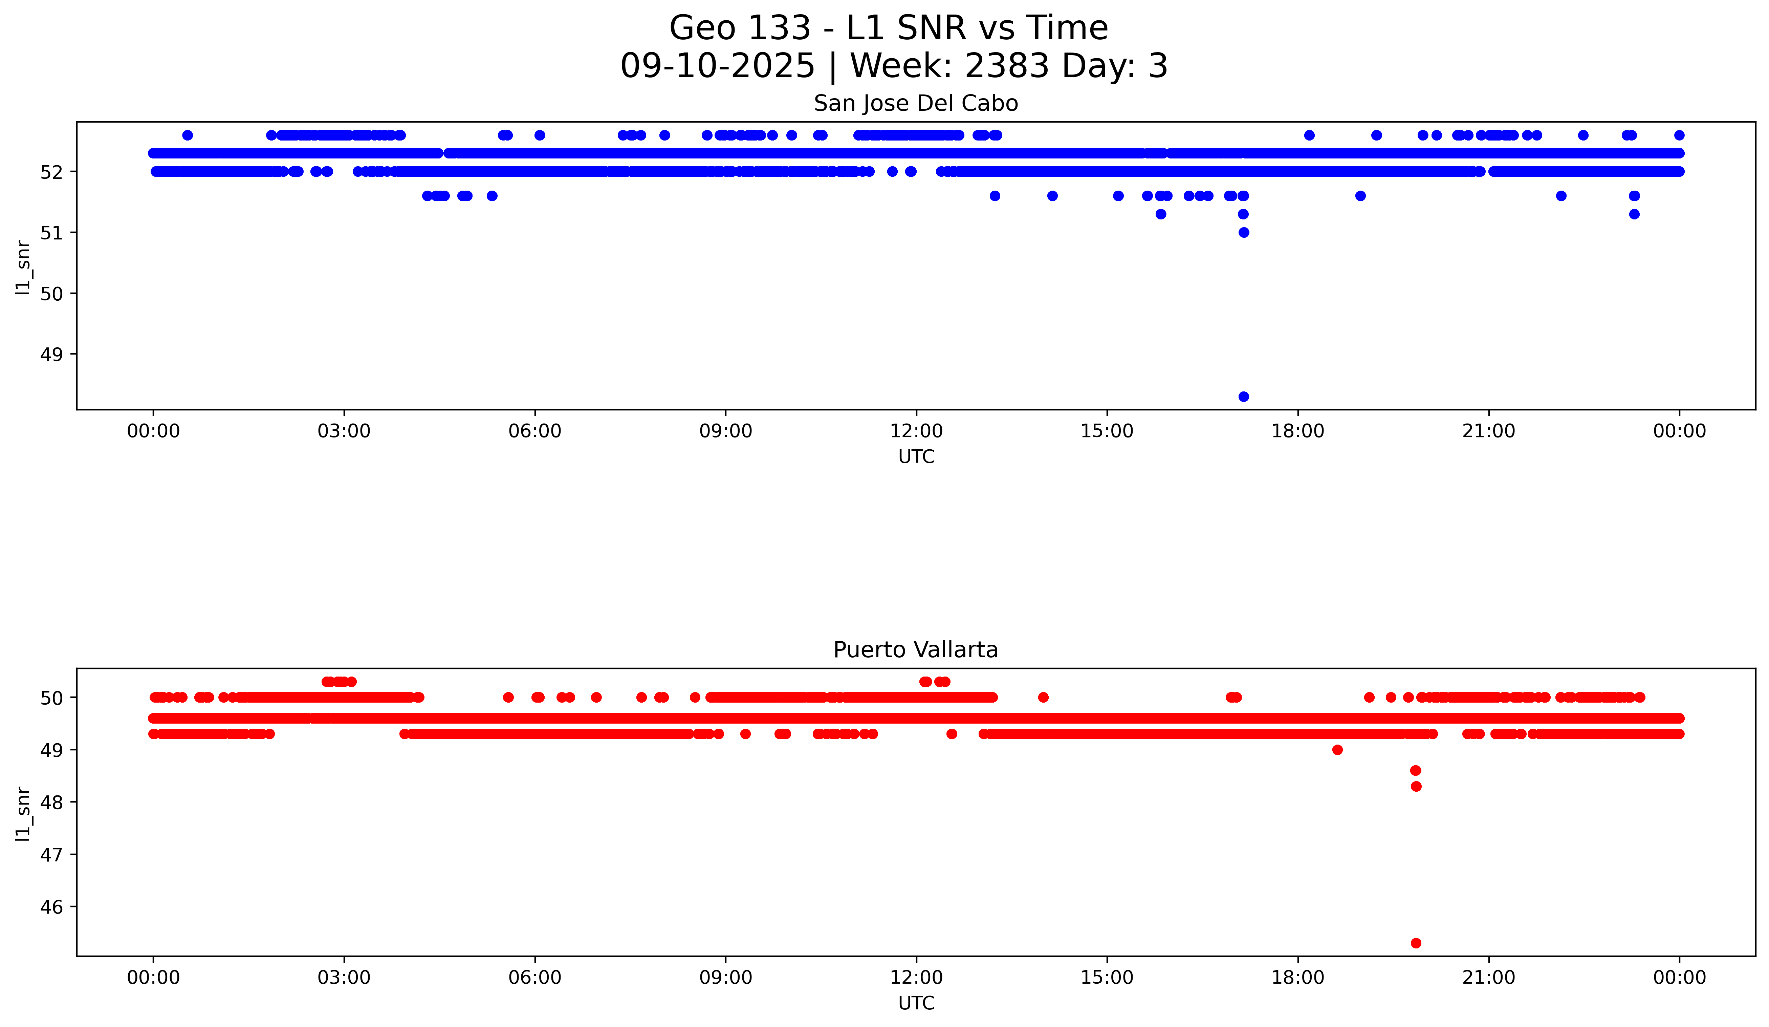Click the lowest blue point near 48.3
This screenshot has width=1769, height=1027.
coord(1243,397)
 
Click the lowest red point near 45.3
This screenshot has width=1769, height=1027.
coord(1416,943)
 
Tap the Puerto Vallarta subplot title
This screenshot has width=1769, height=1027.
coord(915,650)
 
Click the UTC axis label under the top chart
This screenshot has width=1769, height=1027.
coord(916,457)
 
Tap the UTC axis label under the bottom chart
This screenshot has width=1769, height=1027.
coord(916,1003)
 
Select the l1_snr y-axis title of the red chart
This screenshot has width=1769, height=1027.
coord(23,814)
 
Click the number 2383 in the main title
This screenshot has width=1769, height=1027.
coord(1004,66)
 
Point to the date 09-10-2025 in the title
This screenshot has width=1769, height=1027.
coord(717,66)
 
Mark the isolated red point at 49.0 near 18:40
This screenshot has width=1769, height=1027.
coord(1337,750)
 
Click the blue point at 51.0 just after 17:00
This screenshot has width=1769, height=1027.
coord(1243,232)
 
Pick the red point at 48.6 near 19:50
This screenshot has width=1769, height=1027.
coord(1416,770)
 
